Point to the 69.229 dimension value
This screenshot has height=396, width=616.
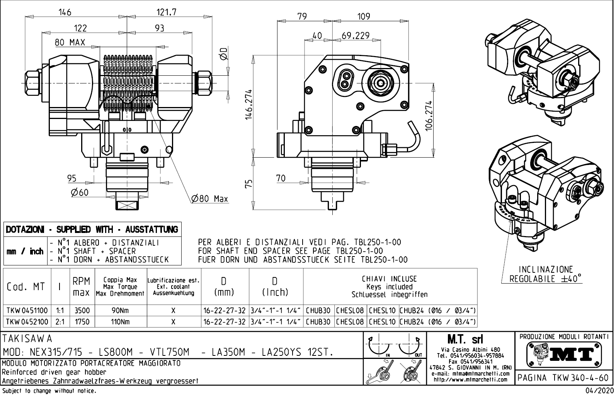coord(356,36)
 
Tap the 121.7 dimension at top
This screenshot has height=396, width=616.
coord(166,12)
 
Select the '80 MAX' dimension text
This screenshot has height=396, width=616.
coord(70,42)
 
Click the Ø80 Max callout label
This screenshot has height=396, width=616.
coord(210,199)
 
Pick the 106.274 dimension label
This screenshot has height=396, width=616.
coord(429,116)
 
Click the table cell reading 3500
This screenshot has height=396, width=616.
coord(82,310)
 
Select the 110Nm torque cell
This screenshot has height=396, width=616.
coord(121,321)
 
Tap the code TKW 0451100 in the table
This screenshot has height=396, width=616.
coord(27,310)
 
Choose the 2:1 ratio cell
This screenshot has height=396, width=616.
coord(60,321)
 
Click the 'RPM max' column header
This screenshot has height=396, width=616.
coord(82,287)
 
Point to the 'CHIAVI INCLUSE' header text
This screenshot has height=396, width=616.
coord(389,279)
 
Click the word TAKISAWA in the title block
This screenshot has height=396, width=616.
coord(27,339)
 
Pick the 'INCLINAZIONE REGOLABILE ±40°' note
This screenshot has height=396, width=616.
coord(545,274)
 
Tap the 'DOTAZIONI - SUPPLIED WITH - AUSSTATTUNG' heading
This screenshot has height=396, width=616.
coord(92,229)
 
